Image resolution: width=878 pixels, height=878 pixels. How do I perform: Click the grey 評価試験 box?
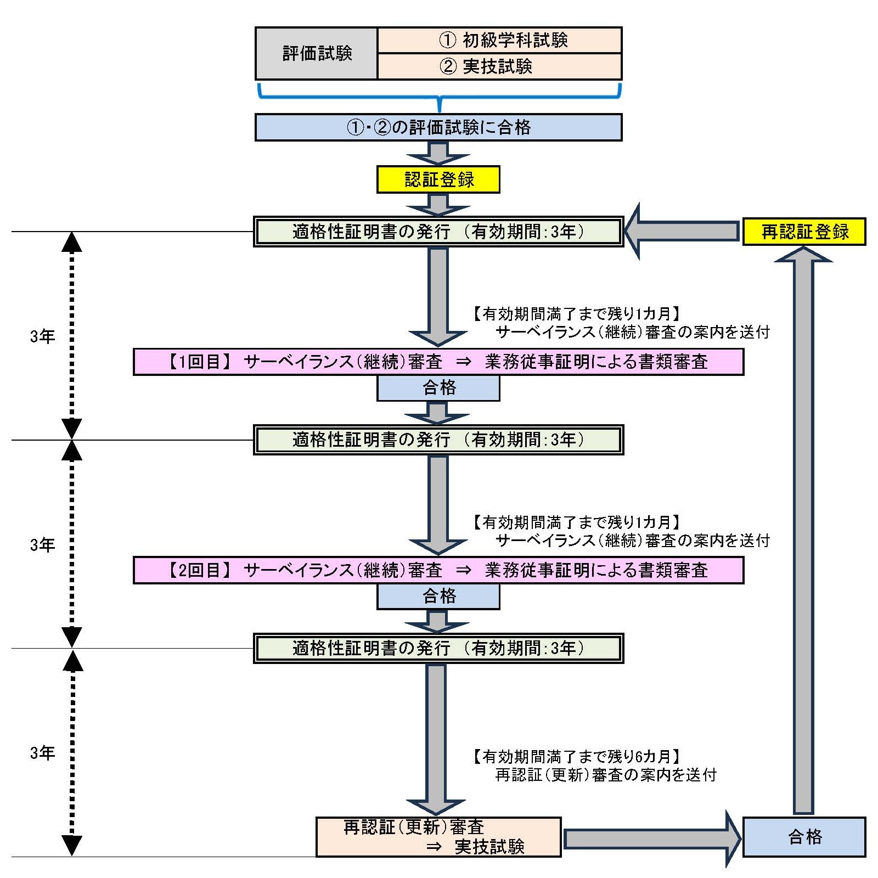coord(317,53)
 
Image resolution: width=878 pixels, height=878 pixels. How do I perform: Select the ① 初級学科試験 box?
coord(499,40)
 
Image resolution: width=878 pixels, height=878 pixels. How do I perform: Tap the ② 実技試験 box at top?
coord(499,66)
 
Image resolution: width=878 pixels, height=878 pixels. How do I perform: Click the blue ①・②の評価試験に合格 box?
coord(438,127)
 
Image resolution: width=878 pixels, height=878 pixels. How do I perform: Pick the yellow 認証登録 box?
coord(438,179)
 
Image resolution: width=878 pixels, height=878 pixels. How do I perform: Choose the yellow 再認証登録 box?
coord(804,232)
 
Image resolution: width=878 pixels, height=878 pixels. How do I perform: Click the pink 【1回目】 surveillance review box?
coord(438,362)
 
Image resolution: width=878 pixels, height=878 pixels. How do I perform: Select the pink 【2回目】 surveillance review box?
coord(438,570)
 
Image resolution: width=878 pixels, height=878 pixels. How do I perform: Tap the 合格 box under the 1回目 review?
coord(438,388)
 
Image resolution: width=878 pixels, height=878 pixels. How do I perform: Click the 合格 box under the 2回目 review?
coord(438,596)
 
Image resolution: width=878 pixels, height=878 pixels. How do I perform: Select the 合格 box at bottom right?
coord(804,837)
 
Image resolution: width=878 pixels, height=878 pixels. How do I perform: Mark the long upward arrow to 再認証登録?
coord(803,527)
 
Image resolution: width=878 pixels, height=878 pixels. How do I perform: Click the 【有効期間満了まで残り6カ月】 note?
coord(576,757)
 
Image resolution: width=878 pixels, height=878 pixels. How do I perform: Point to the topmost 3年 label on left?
coord(42,336)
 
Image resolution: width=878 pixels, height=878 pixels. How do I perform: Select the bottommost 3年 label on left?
coord(42,753)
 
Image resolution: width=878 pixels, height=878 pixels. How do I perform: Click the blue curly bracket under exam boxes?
coord(438,96)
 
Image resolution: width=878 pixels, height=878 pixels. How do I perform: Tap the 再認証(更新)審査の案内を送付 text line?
coord(606,775)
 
